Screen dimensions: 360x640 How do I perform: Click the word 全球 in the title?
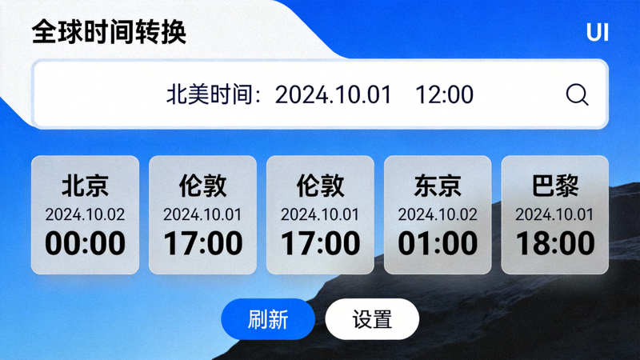click(58, 33)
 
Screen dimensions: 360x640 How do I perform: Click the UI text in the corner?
click(597, 33)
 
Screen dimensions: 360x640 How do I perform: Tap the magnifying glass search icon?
click(577, 94)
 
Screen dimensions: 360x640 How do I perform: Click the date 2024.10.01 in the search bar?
click(333, 94)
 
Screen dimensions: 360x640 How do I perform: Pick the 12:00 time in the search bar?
click(444, 94)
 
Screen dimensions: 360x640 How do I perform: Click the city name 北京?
click(85, 186)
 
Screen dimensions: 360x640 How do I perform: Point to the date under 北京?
click(85, 214)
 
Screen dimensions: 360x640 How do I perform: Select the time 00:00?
click(85, 243)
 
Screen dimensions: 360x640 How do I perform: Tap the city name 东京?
click(438, 186)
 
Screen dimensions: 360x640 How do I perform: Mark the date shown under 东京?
click(438, 214)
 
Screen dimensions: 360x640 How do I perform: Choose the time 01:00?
click(438, 243)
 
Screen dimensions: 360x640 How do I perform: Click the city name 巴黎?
click(555, 186)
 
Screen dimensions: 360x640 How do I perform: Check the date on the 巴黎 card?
click(555, 214)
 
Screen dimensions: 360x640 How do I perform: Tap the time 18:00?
click(555, 243)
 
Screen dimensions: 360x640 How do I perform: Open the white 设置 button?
click(372, 319)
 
